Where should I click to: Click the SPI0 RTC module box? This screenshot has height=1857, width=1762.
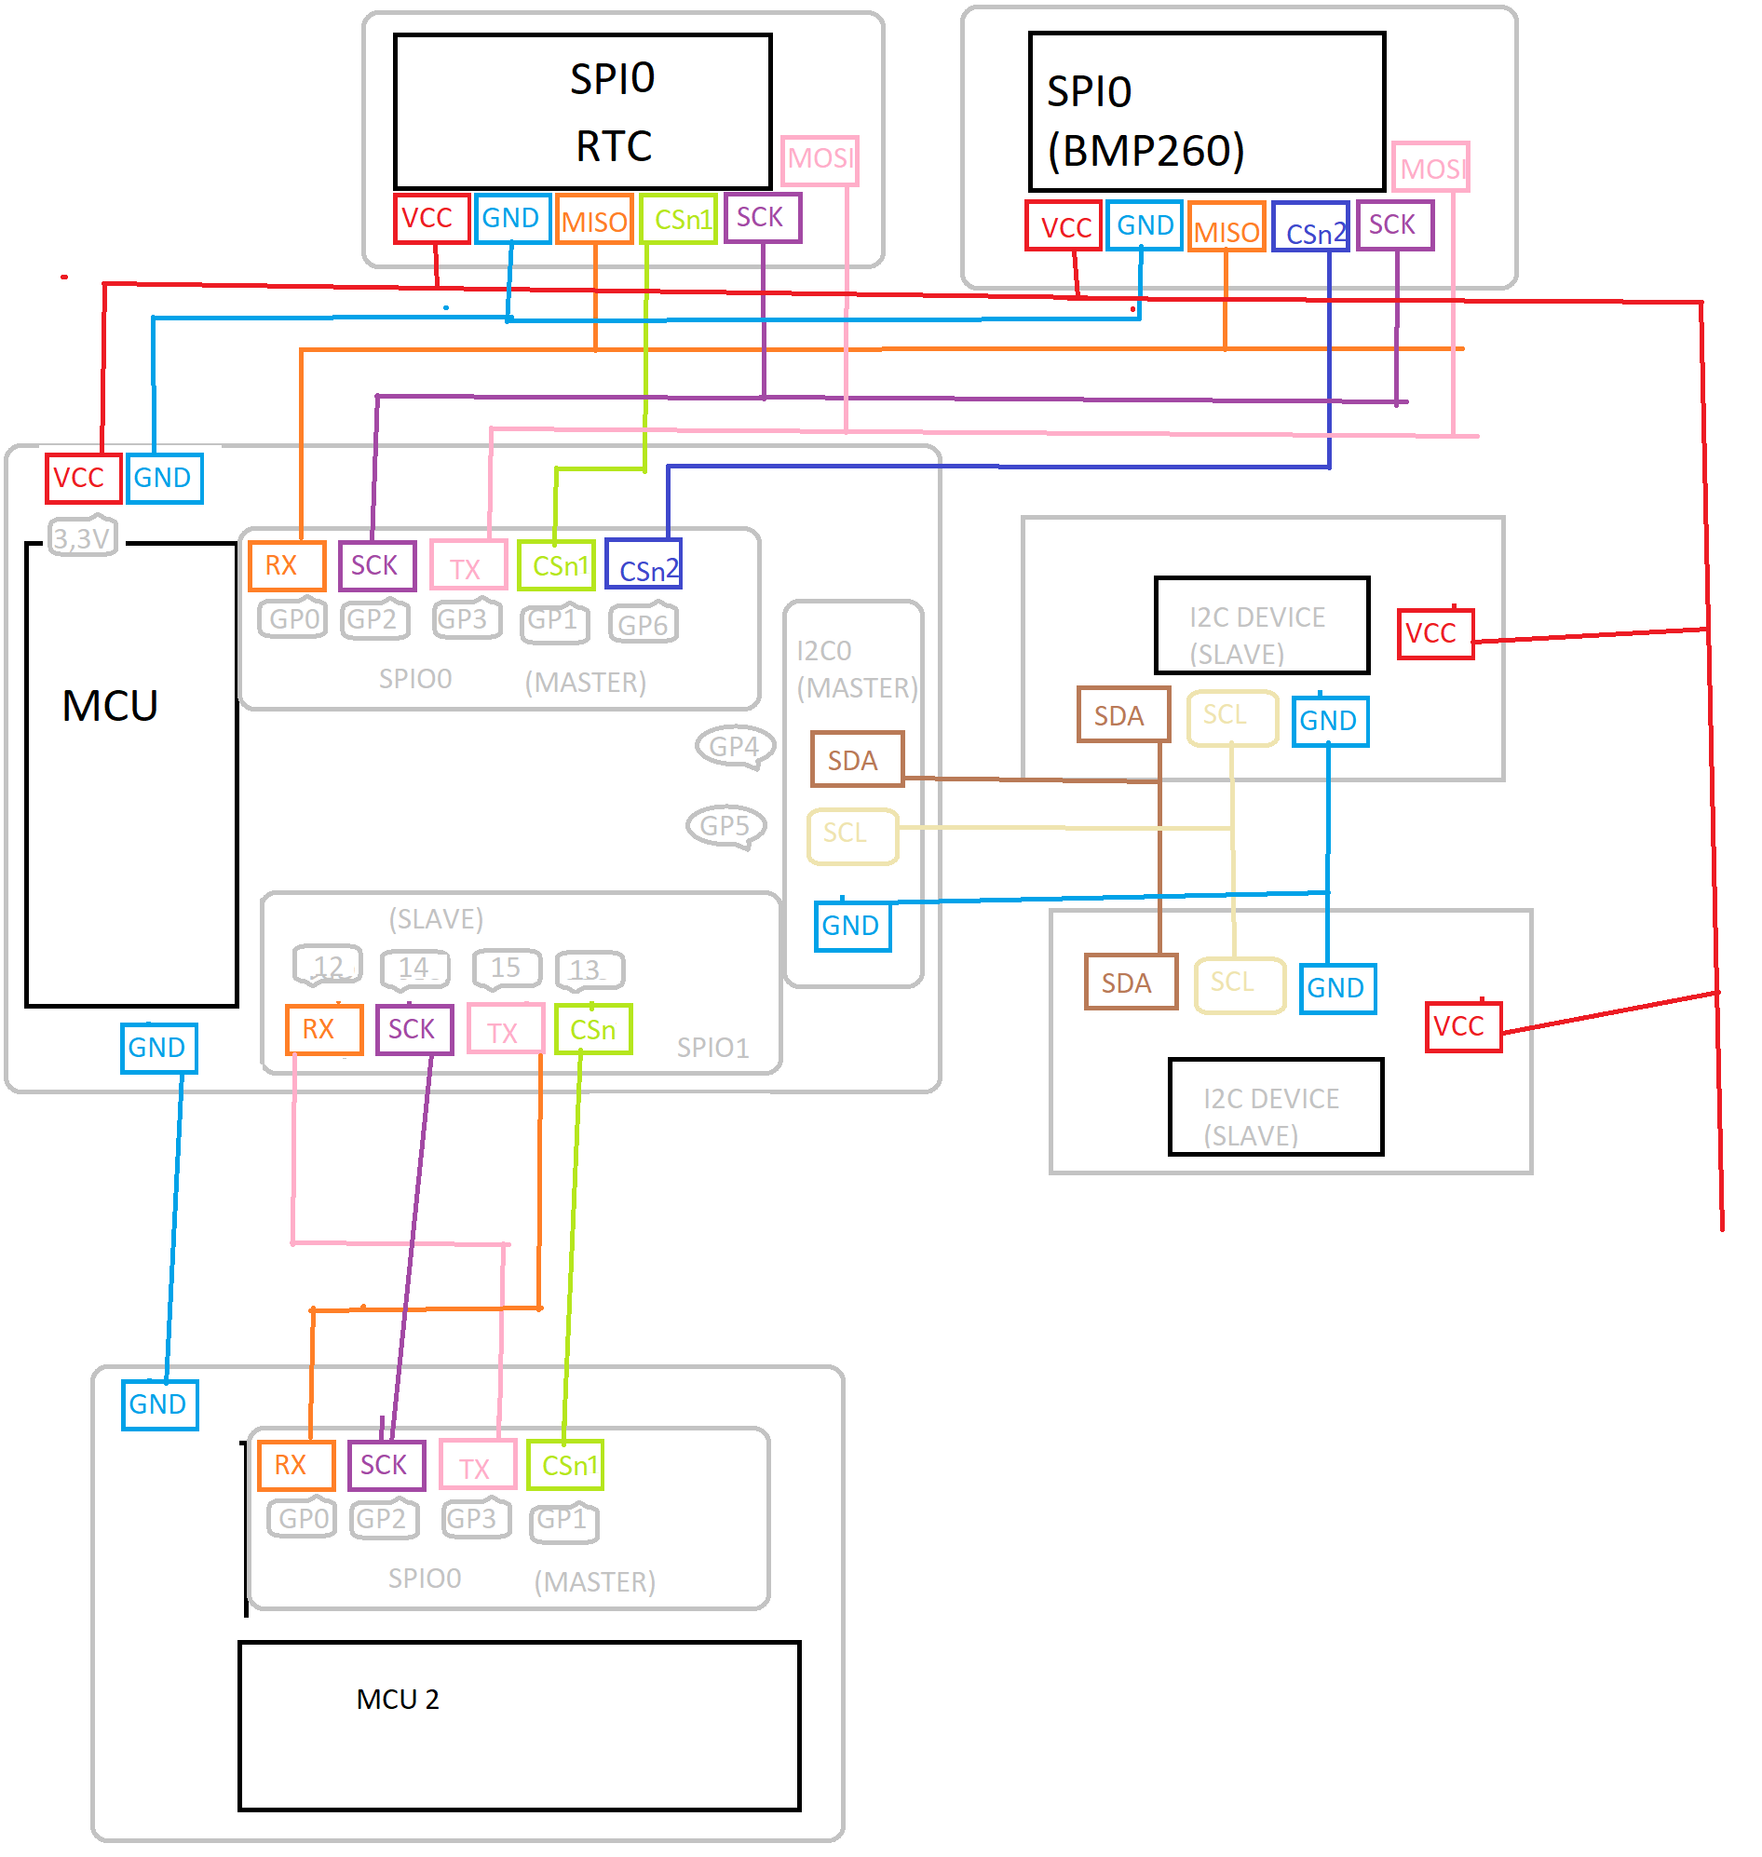583,112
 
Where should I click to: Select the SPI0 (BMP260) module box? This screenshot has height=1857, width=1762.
1208,112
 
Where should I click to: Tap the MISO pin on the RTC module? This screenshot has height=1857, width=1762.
594,219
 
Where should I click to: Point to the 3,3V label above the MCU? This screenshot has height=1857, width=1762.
83,537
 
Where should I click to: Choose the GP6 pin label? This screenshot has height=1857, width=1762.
644,624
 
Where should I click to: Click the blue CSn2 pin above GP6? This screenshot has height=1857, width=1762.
644,564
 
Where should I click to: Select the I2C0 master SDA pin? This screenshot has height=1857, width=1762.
858,759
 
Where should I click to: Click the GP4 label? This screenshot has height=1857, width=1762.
736,747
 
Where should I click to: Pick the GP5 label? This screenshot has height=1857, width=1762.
726,827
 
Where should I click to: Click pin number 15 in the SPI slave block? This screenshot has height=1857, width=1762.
507,969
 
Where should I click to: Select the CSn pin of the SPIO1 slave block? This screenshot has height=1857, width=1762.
593,1029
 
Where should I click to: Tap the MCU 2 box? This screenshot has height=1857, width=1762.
521,1727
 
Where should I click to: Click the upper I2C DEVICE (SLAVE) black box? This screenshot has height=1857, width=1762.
1262,626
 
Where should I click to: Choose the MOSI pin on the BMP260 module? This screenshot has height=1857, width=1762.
1430,168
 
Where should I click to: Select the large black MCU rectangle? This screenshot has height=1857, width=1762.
131,775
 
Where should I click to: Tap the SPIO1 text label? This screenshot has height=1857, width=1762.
713,1048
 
